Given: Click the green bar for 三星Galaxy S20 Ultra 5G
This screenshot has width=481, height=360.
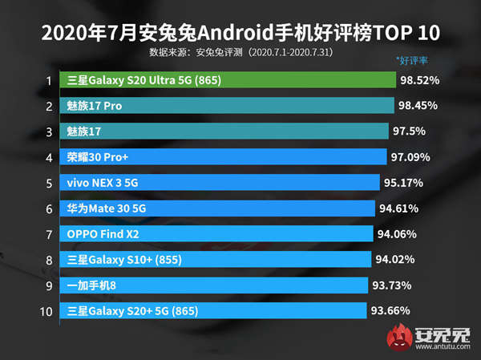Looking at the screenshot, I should [x=228, y=80].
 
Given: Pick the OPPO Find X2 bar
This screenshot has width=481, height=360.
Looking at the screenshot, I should [x=216, y=234].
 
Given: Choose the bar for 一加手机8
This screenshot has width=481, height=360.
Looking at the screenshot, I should [x=215, y=285].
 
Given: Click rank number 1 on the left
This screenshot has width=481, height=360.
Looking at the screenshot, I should [x=49, y=80].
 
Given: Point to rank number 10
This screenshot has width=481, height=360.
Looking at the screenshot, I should [x=46, y=310].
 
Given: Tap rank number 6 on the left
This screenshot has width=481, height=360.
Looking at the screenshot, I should [x=49, y=208].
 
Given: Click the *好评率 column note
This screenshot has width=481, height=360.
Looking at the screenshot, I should [x=412, y=60].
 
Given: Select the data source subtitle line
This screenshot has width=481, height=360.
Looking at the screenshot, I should [x=240, y=51].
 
